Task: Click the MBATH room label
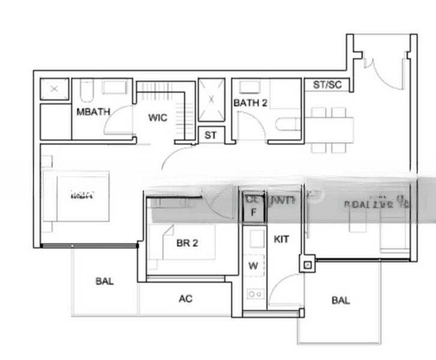point(88,112)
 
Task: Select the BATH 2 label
point(250,103)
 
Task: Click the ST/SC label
point(327,85)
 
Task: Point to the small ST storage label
point(210,136)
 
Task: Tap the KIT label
point(281,239)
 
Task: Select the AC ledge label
point(186,298)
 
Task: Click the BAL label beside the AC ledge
point(104,281)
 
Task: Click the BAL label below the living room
point(341,301)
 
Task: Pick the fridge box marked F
point(253,212)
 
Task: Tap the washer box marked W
point(253,265)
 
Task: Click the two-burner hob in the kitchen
point(255,294)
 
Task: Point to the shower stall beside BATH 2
point(211,100)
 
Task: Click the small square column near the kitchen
point(308,263)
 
